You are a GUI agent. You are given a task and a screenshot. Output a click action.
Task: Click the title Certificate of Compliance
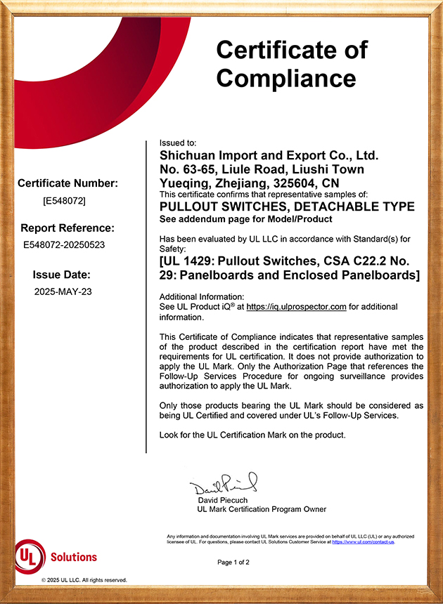coord(292,63)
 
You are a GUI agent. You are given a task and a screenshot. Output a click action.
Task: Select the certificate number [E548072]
coord(65,200)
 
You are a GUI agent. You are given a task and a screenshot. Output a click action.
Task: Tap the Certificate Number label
coord(68,183)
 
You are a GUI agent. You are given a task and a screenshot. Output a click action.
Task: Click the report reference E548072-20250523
coord(65,245)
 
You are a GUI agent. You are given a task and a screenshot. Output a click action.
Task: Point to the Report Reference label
coord(67,228)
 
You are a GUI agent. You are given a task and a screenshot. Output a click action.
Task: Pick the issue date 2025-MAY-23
coord(63,291)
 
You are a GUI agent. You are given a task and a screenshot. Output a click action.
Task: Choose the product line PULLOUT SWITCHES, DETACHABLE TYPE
coord(287,206)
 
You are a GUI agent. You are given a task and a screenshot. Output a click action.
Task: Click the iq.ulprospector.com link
coord(296,307)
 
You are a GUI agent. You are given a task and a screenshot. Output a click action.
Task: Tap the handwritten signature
coord(224,484)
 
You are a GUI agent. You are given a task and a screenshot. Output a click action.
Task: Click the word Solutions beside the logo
coord(74,557)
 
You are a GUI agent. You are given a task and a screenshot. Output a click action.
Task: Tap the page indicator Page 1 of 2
coord(233,563)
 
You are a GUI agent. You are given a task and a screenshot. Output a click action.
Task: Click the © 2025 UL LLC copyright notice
coord(84,580)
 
